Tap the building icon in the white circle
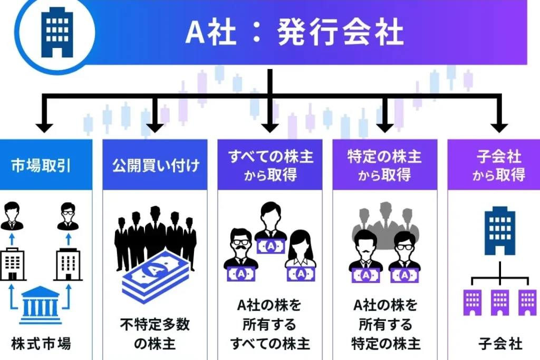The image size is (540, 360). [59, 32]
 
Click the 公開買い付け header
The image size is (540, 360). [156, 166]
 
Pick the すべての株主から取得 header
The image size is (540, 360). [271, 166]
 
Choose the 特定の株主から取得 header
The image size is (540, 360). [384, 166]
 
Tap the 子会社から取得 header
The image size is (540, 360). [498, 166]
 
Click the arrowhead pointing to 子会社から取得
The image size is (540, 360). [498, 127]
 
